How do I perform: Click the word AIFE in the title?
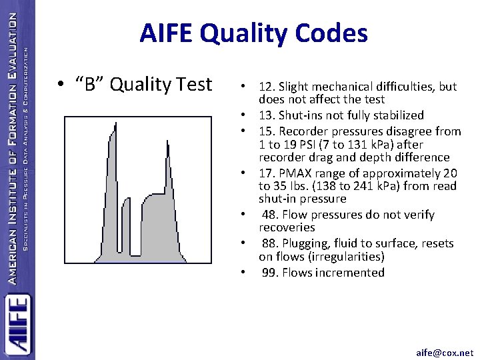pos(169,33)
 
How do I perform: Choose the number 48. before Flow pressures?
pos(270,215)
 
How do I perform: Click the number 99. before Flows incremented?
pos(270,272)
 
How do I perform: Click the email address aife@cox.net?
pos(444,352)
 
